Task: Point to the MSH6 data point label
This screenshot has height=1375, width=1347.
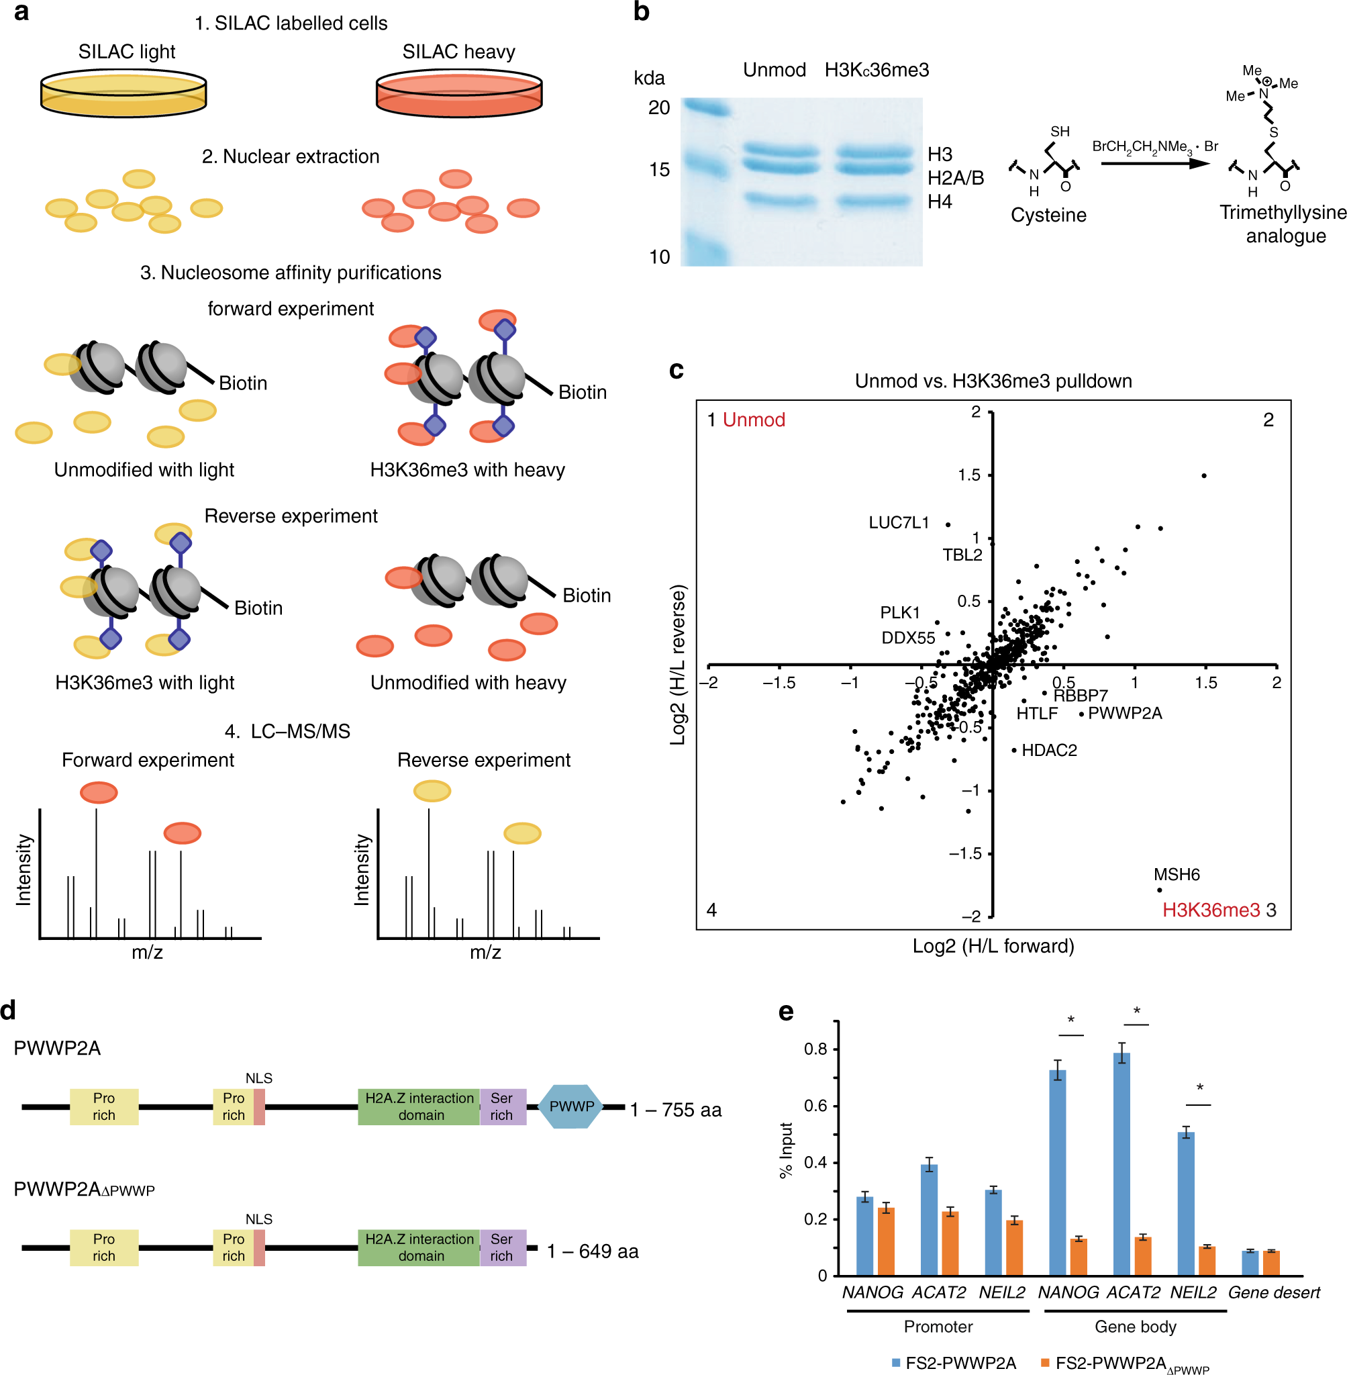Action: tap(1177, 875)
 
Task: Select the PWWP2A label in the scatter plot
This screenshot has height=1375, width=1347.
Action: tap(1125, 713)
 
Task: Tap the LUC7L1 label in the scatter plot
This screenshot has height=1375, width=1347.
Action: tap(899, 523)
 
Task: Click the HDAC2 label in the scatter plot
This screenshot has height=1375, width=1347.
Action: tap(1049, 750)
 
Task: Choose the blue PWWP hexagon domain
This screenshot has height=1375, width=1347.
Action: tap(571, 1106)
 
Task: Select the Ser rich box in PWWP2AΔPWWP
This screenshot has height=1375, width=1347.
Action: tap(501, 1247)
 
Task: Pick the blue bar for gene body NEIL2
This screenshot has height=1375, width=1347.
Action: tap(1186, 1203)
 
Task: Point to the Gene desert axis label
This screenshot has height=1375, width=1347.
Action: tap(1273, 1292)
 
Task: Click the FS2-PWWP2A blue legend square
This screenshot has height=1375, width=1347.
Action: tap(895, 1362)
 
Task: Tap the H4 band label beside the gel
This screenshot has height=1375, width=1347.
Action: tap(940, 201)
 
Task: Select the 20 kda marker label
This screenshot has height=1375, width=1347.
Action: tap(658, 107)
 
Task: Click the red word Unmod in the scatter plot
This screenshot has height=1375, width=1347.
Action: tap(754, 420)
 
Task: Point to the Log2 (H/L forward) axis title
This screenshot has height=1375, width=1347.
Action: tap(993, 946)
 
